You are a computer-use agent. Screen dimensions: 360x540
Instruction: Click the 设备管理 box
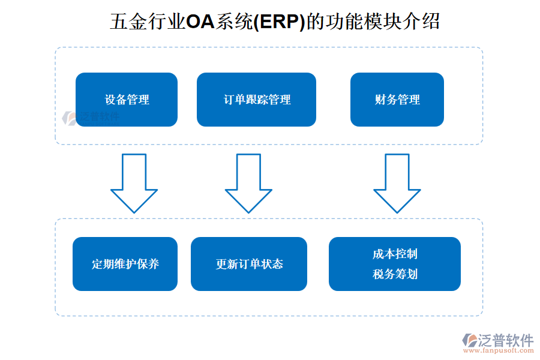pyautogui.click(x=126, y=100)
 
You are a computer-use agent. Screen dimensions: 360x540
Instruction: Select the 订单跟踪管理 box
pyautogui.click(x=256, y=100)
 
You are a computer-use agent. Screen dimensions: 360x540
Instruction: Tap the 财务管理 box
pyautogui.click(x=397, y=100)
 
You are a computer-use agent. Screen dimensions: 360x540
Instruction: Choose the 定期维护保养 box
pyautogui.click(x=125, y=264)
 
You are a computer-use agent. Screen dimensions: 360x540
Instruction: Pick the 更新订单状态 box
pyautogui.click(x=248, y=264)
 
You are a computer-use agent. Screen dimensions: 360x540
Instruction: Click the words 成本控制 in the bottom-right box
pyautogui.click(x=395, y=254)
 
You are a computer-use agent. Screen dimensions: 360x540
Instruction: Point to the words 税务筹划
pyautogui.click(x=395, y=274)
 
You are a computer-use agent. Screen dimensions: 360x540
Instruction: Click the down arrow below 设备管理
pyautogui.click(x=134, y=182)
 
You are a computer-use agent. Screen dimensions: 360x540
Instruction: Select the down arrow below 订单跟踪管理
pyautogui.click(x=248, y=182)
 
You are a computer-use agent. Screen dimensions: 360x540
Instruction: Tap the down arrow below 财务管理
pyautogui.click(x=397, y=182)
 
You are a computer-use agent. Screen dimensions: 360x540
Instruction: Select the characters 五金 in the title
pyautogui.click(x=127, y=22)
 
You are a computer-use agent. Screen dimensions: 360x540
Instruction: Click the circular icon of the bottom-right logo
pyautogui.click(x=469, y=340)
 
